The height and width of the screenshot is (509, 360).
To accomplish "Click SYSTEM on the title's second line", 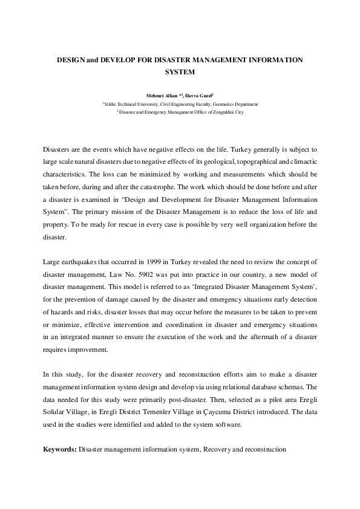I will [x=180, y=73].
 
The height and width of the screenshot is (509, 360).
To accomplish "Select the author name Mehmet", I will [x=155, y=96].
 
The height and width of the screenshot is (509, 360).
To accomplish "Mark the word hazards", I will [x=62, y=313].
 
